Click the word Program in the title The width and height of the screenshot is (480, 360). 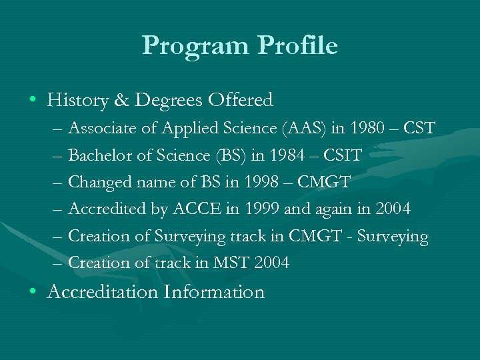tap(193, 46)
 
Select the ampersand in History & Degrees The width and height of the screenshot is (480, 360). tap(121, 101)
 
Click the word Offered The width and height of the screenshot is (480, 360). tap(241, 101)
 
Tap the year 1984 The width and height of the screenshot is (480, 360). tap(287, 155)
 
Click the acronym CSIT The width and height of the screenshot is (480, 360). tap(342, 155)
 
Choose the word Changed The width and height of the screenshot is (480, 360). tap(97, 182)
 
